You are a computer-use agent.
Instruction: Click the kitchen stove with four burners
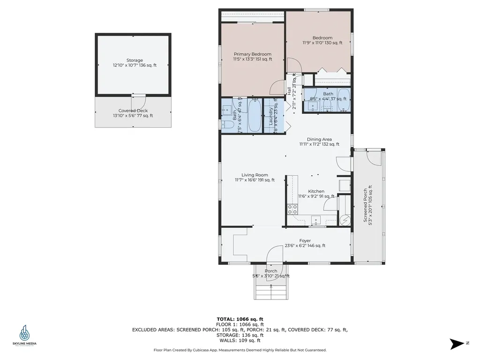[292, 209]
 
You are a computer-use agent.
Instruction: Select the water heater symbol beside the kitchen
[345, 219]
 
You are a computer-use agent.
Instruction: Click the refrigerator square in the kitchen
[344, 186]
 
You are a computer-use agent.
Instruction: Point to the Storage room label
[135, 60]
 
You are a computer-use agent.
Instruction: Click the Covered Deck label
[133, 111]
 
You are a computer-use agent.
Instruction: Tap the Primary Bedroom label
[252, 54]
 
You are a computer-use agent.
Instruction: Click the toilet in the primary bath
[224, 125]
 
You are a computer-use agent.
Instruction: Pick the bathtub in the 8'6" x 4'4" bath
[344, 100]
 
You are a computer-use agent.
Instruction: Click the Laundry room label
[271, 117]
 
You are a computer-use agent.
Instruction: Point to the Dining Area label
[319, 139]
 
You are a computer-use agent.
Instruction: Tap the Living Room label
[255, 175]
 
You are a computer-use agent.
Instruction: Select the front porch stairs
[271, 292]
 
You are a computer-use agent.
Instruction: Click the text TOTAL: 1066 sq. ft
[240, 319]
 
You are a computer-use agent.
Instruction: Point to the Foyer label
[305, 240]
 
